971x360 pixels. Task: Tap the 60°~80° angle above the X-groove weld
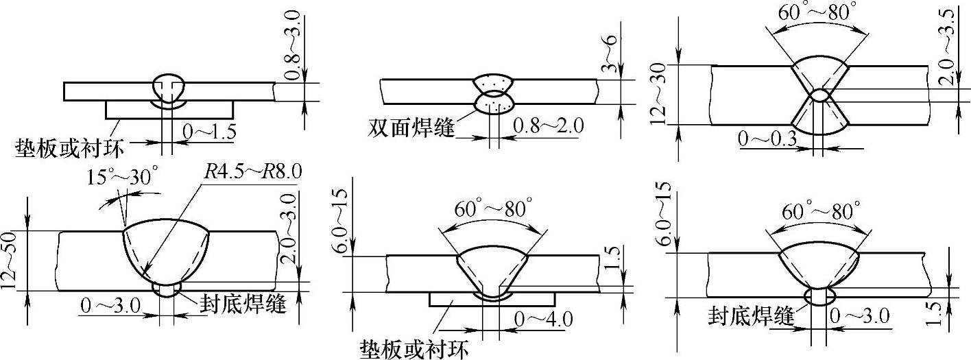(x=818, y=12)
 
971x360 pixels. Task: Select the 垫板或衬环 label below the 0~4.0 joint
(x=415, y=350)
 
